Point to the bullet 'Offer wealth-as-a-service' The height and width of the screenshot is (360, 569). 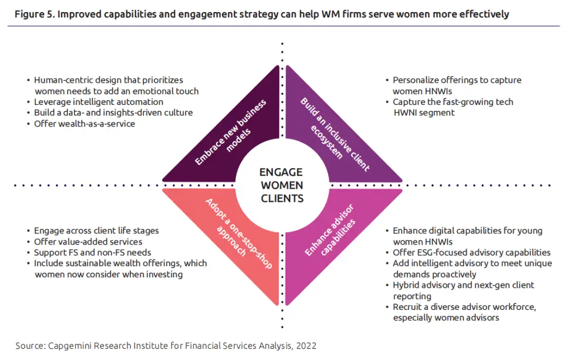(84, 124)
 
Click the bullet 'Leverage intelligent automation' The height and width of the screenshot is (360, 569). (99, 102)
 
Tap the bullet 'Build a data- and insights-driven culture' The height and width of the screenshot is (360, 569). (113, 113)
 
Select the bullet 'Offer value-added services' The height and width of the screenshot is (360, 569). (88, 241)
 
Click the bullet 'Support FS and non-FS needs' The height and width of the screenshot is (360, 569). (90, 252)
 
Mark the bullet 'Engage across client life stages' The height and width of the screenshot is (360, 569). (96, 231)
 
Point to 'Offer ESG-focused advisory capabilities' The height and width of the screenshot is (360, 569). (472, 252)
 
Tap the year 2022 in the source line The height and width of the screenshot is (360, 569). (306, 346)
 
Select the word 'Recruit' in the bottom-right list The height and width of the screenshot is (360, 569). (408, 307)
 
